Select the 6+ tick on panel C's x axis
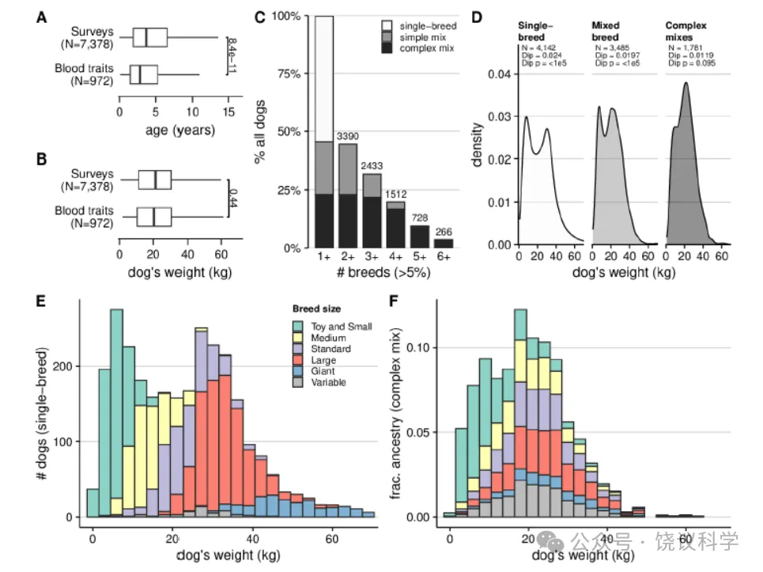pos(444,258)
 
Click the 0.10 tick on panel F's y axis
pos(424,348)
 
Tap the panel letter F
pos(396,301)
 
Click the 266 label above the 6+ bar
pos(444,231)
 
